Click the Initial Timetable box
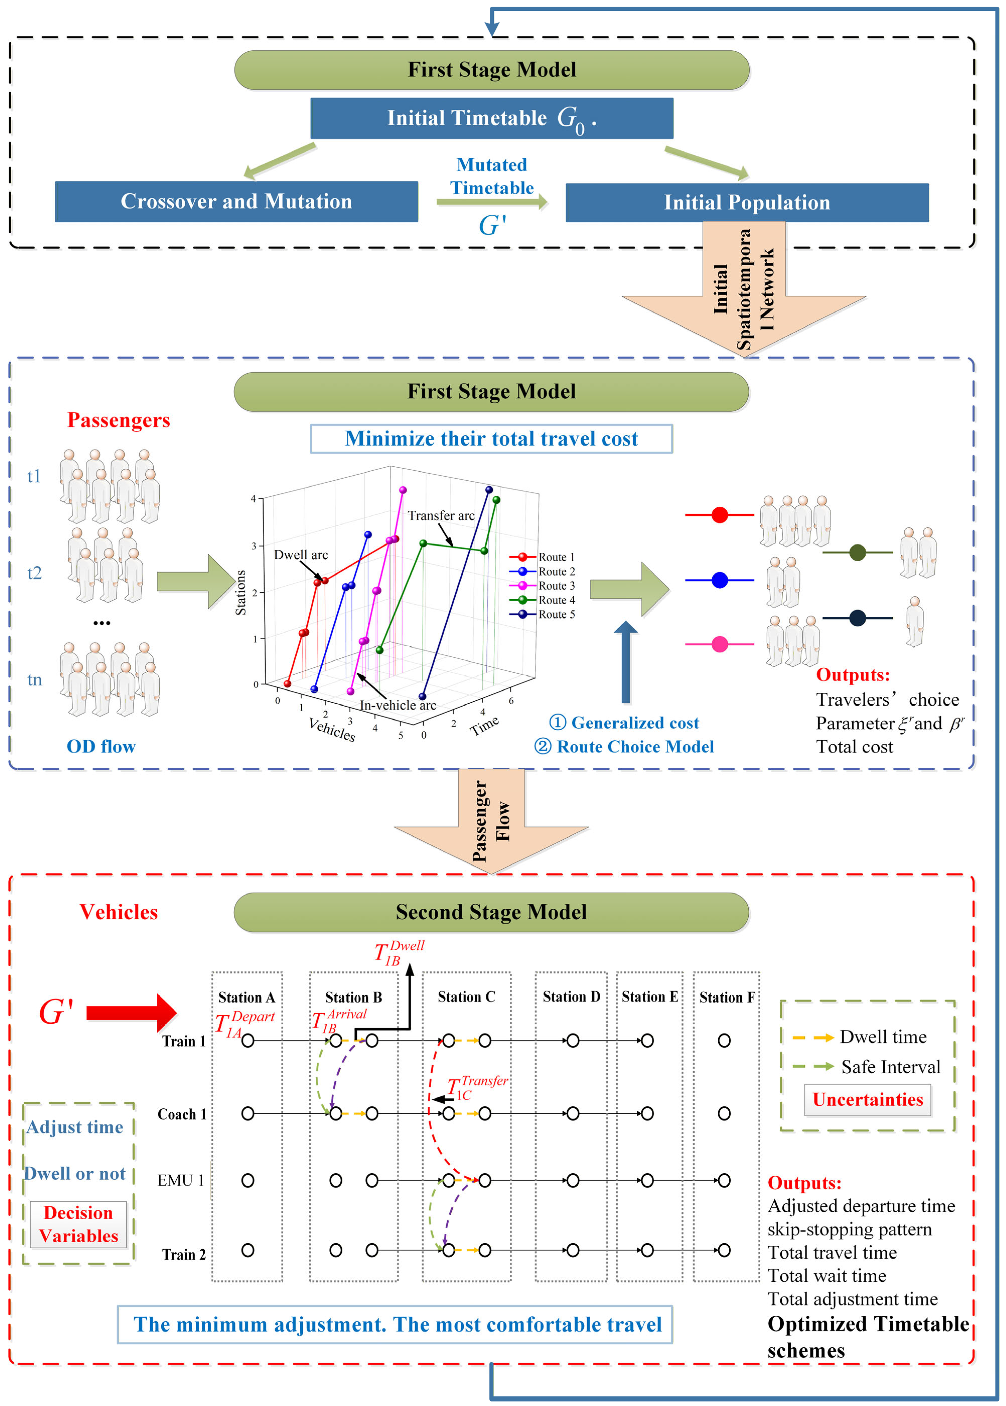pyautogui.click(x=492, y=118)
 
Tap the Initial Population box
pyautogui.click(x=747, y=203)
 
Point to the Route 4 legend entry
pyautogui.click(x=542, y=599)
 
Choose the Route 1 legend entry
pyautogui.click(x=542, y=557)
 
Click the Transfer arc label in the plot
pyautogui.click(x=441, y=515)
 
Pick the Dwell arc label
pyautogui.click(x=301, y=554)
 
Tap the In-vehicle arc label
pyautogui.click(x=398, y=705)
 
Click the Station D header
pyautogui.click(x=571, y=997)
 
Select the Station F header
pyautogui.click(x=727, y=997)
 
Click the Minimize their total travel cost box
pyautogui.click(x=491, y=438)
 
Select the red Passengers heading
pyautogui.click(x=118, y=420)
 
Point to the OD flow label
pyautogui.click(x=101, y=746)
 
